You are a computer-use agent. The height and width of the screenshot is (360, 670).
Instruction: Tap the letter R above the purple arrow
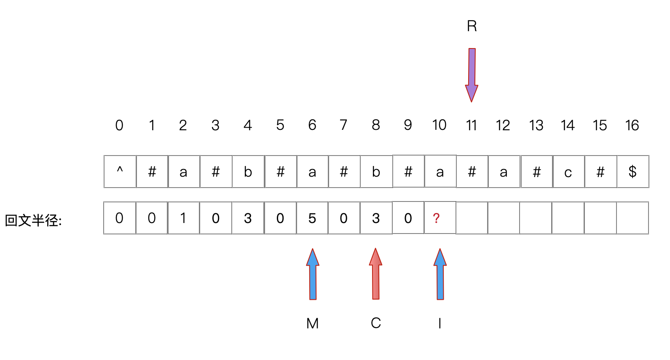pyautogui.click(x=472, y=26)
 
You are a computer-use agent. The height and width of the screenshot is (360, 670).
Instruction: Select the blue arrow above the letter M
pyautogui.click(x=313, y=274)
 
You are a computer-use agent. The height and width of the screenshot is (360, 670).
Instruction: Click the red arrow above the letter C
pyautogui.click(x=375, y=274)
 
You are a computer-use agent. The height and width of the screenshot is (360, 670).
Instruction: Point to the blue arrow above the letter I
pyautogui.click(x=440, y=274)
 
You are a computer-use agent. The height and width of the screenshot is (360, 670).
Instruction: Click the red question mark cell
pyautogui.click(x=440, y=218)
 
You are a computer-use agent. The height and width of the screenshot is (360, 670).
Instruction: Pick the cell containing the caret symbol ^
pyautogui.click(x=120, y=172)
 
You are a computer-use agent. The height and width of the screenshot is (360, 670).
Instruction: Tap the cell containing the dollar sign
pyautogui.click(x=632, y=172)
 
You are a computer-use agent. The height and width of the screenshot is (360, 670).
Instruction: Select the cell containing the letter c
pyautogui.click(x=568, y=172)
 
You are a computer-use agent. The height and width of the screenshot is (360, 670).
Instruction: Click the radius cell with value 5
pyautogui.click(x=312, y=218)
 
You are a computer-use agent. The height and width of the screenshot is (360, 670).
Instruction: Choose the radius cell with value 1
pyautogui.click(x=183, y=218)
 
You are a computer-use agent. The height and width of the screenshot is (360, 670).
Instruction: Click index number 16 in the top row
pyautogui.click(x=632, y=125)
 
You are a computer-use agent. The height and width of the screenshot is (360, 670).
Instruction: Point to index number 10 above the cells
pyautogui.click(x=439, y=125)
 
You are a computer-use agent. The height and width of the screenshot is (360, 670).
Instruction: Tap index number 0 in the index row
pyautogui.click(x=119, y=125)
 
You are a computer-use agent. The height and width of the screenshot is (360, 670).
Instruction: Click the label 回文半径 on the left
pyautogui.click(x=33, y=220)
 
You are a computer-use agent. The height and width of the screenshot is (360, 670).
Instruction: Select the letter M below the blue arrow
pyautogui.click(x=313, y=323)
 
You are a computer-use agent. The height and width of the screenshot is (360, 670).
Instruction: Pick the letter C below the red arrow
pyautogui.click(x=376, y=323)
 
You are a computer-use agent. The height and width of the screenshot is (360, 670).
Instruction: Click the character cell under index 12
pyautogui.click(x=504, y=172)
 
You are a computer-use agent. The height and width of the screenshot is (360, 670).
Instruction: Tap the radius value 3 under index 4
pyautogui.click(x=248, y=218)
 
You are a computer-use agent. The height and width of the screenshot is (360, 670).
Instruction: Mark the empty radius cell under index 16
pyautogui.click(x=632, y=218)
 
